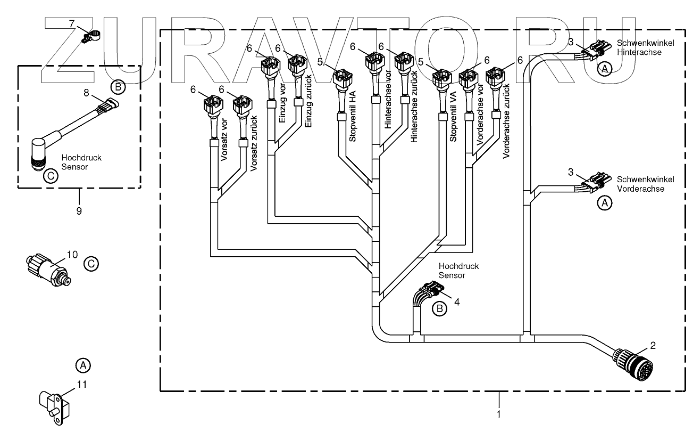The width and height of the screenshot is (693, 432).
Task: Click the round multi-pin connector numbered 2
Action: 633,364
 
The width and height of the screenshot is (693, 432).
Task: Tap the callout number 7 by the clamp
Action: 72,23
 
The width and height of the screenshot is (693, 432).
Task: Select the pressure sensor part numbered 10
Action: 48,270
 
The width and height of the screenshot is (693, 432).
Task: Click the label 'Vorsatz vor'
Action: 224,140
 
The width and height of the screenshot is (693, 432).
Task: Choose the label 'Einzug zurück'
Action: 308,101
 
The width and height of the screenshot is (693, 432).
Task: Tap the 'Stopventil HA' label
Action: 353,116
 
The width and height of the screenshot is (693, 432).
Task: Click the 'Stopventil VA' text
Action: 453,117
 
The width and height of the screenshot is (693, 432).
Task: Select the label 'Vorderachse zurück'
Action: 506,121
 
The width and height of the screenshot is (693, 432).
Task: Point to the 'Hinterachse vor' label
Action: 388,100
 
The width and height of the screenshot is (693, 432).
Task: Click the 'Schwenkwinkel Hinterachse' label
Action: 645,48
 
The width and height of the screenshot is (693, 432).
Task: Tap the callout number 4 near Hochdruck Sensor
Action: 457,301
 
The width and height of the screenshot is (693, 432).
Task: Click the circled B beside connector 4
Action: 439,308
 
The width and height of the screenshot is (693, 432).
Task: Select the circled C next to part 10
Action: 91,264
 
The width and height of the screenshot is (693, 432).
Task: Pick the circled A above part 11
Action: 83,365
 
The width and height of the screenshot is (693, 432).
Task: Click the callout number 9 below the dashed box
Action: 79,211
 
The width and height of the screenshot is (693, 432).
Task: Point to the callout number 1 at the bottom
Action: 498,414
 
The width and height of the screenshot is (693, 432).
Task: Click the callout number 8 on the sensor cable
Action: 86,93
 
